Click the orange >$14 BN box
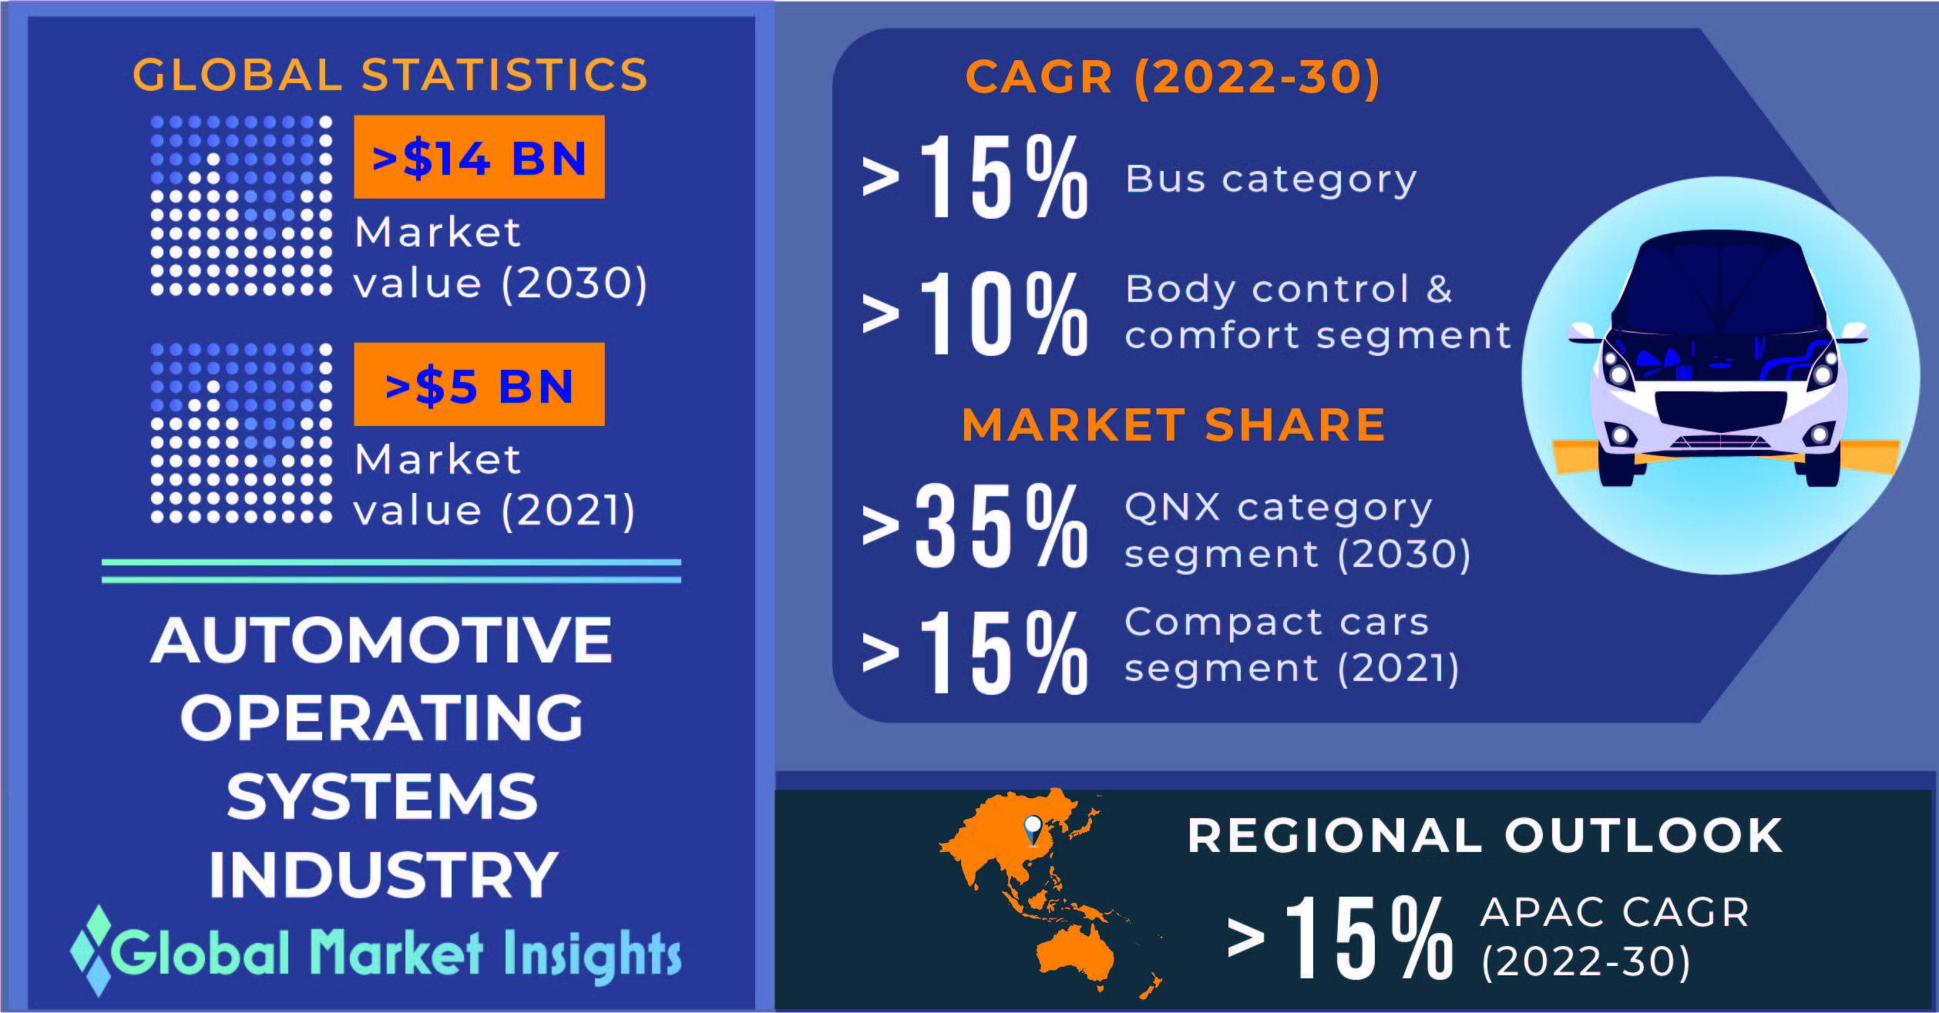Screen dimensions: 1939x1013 (x=479, y=157)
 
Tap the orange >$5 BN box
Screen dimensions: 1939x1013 (x=479, y=384)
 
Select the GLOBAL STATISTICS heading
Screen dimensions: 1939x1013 (x=390, y=75)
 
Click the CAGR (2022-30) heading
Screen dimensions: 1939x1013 (x=1172, y=77)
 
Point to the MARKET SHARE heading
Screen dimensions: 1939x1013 (x=1174, y=424)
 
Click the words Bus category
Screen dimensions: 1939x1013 (x=1271, y=179)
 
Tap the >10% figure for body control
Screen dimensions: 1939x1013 (x=975, y=314)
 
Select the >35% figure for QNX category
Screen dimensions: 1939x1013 (x=975, y=526)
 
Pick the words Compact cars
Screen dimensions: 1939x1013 (x=1277, y=622)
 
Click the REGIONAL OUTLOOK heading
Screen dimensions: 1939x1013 (x=1485, y=835)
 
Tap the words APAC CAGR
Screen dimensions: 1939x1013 (x=1615, y=913)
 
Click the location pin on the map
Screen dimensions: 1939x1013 (x=1033, y=831)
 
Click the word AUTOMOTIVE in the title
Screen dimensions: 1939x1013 (x=381, y=640)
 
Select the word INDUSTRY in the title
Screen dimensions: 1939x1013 (x=383, y=874)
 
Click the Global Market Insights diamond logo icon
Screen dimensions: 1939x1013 (x=92, y=950)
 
